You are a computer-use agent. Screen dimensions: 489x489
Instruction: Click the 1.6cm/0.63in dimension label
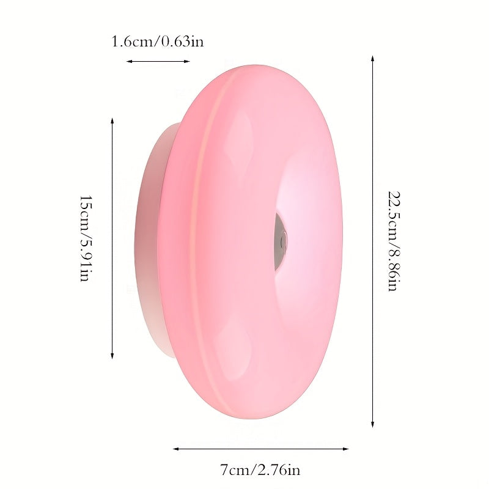click(158, 42)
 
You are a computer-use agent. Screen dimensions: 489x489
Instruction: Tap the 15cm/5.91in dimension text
click(85, 238)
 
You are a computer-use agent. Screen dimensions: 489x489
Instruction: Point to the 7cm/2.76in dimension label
click(260, 470)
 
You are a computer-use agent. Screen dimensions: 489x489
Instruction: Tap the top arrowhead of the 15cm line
click(112, 120)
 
